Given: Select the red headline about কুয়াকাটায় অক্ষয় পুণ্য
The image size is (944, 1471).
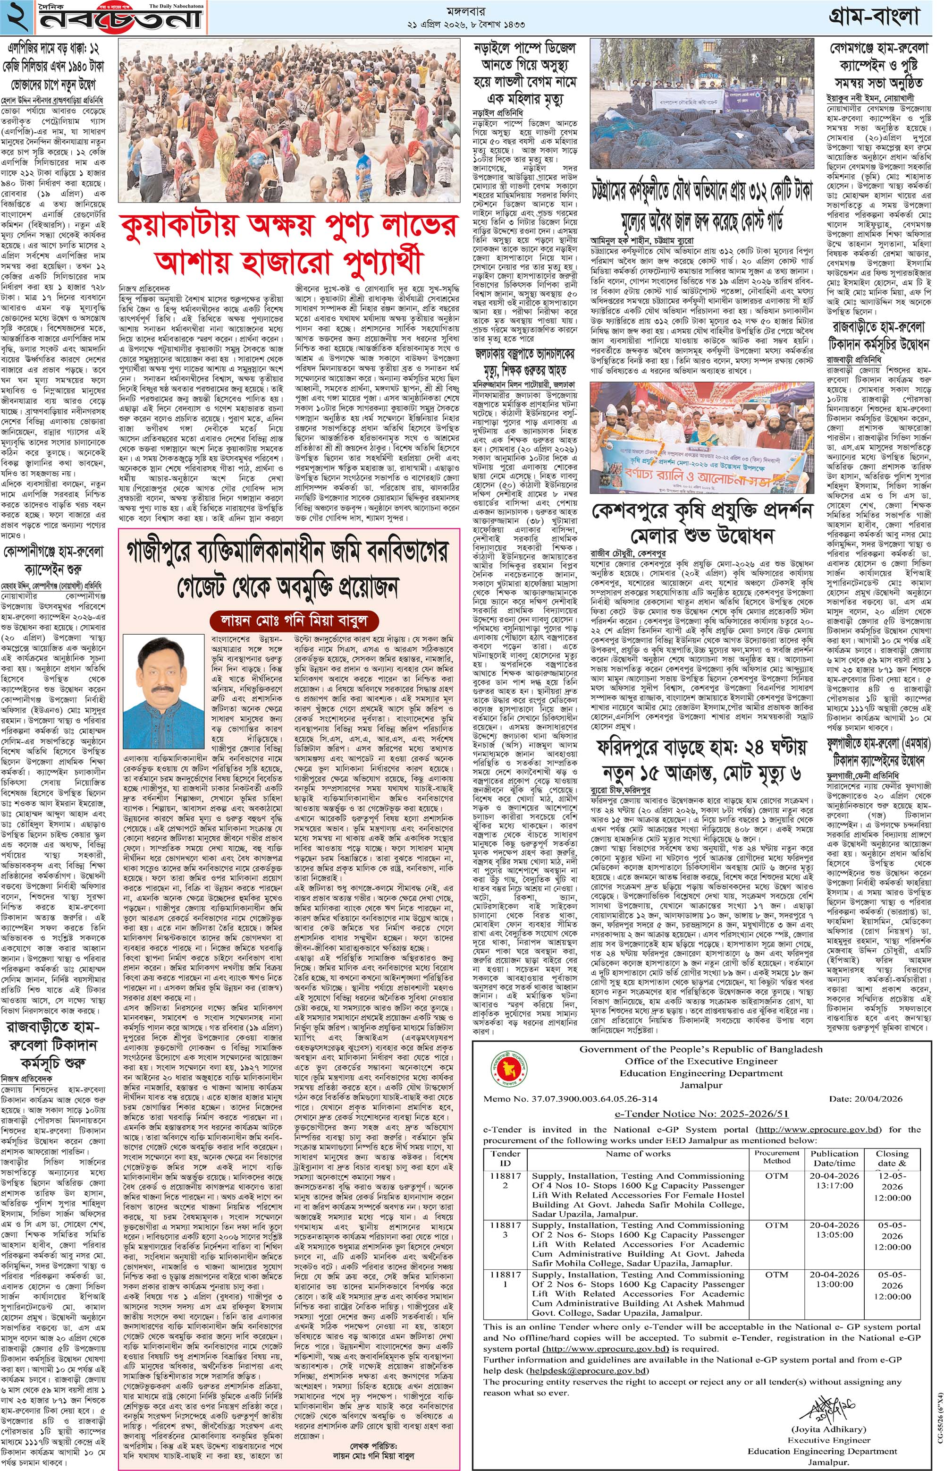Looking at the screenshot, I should click(x=288, y=242).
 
